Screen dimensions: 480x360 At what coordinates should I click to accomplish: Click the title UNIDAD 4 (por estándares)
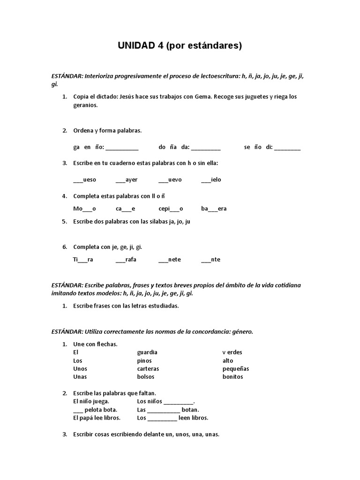pyautogui.click(x=180, y=45)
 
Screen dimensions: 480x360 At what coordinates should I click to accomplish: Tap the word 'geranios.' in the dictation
pyautogui.click(x=86, y=105)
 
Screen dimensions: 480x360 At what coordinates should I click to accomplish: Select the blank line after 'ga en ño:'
pyautogui.click(x=122, y=148)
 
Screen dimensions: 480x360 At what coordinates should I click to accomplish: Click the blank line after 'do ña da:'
pyautogui.click(x=206, y=148)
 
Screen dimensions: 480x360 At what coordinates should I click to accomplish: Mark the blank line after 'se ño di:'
pyautogui.click(x=287, y=148)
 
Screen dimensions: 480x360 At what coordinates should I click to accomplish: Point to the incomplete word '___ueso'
pyautogui.click(x=85, y=180)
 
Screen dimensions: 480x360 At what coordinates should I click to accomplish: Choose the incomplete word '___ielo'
pyautogui.click(x=211, y=180)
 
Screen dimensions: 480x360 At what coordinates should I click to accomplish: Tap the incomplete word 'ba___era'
pyautogui.click(x=214, y=209)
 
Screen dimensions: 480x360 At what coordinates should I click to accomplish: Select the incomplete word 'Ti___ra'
pyautogui.click(x=83, y=260)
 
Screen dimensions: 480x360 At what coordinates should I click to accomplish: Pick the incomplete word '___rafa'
pyautogui.click(x=126, y=260)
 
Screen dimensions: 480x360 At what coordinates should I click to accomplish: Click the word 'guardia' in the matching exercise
pyautogui.click(x=147, y=352)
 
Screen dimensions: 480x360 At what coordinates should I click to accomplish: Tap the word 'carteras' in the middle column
pyautogui.click(x=148, y=368)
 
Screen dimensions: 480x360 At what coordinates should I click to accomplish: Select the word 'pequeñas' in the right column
pyautogui.click(x=236, y=368)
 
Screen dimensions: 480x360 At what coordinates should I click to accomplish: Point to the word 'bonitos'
pyautogui.click(x=233, y=377)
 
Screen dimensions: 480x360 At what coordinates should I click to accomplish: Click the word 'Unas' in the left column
pyautogui.click(x=80, y=377)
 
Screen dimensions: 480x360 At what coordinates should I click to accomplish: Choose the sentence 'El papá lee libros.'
pyautogui.click(x=97, y=418)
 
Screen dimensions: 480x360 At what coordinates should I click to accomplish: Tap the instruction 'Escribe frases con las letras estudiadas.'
pyautogui.click(x=126, y=306)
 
